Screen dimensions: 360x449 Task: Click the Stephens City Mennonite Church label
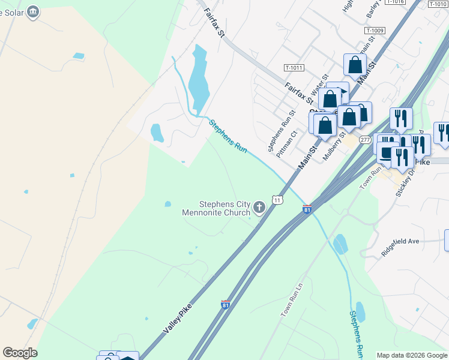(x=216, y=208)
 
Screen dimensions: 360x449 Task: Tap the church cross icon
(x=259, y=208)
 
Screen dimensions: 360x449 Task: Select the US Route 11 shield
(x=277, y=199)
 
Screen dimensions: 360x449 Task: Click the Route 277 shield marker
(x=365, y=140)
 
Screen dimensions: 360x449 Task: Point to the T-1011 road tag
(x=294, y=68)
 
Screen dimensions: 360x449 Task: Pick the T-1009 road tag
(x=375, y=30)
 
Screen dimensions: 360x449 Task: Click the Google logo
(x=20, y=353)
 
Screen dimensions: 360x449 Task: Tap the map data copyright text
(x=412, y=355)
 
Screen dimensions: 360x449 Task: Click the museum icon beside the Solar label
(x=33, y=11)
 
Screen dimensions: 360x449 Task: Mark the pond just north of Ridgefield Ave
(x=340, y=244)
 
